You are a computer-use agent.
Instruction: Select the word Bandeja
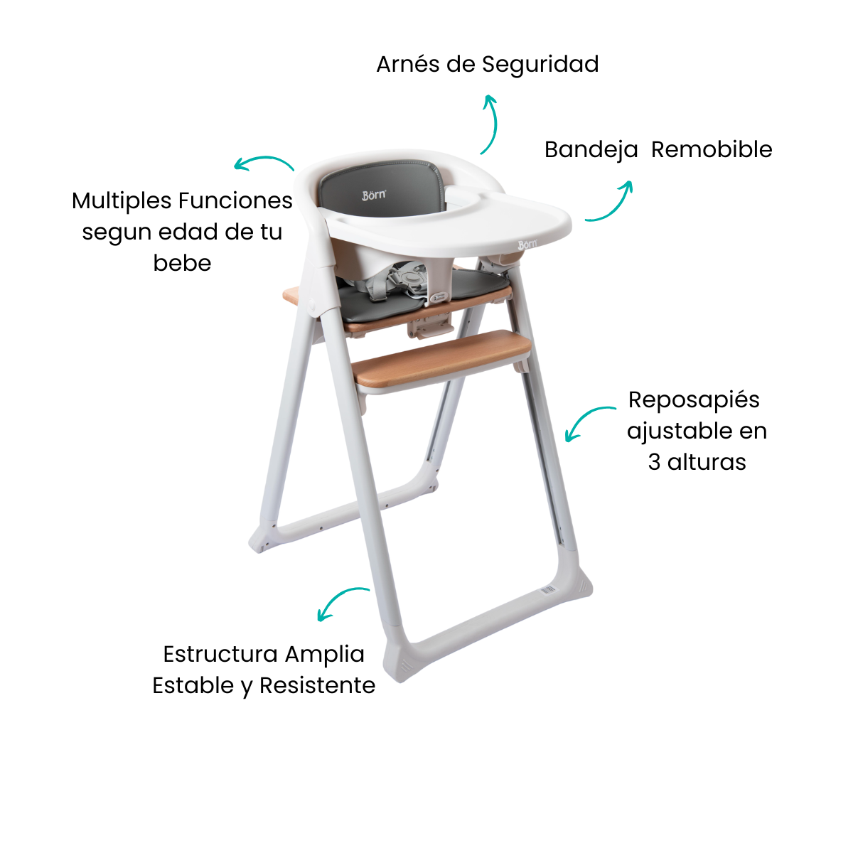click(591, 150)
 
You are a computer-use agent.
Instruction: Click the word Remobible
click(712, 149)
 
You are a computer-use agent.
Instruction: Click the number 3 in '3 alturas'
click(654, 462)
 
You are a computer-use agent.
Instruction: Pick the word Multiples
click(122, 202)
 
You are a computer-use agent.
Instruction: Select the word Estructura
click(219, 654)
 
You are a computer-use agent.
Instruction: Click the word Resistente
click(317, 685)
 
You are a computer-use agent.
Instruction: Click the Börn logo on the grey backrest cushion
click(374, 195)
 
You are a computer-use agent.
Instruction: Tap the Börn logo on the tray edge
click(527, 245)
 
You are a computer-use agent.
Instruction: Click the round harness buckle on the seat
click(413, 279)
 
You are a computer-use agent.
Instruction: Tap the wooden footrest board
click(441, 358)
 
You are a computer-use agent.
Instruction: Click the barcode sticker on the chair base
click(548, 589)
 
